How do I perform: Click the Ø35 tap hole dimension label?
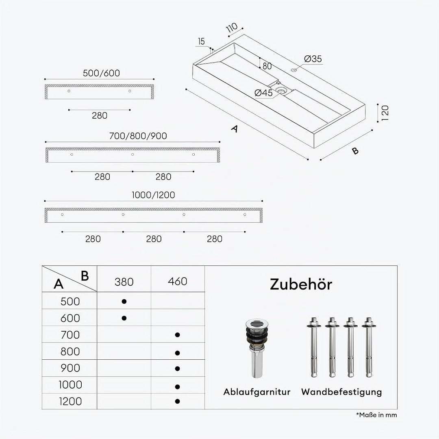click(x=313, y=59)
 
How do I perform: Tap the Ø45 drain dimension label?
click(x=263, y=93)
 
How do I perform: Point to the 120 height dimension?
click(x=385, y=113)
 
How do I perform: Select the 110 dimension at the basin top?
click(x=232, y=28)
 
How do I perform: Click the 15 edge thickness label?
click(x=201, y=41)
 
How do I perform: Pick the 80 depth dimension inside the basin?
click(x=267, y=66)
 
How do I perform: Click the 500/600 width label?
click(x=101, y=73)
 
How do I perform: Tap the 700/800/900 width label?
click(x=138, y=136)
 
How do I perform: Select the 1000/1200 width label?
click(x=153, y=195)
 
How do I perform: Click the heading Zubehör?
click(x=301, y=284)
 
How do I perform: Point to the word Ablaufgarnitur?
click(x=257, y=392)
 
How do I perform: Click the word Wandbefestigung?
click(x=341, y=392)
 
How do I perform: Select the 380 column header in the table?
click(x=124, y=282)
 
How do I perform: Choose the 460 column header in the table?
click(x=178, y=281)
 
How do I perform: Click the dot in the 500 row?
click(x=124, y=302)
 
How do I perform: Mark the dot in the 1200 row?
click(x=177, y=401)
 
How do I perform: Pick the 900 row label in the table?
click(x=70, y=368)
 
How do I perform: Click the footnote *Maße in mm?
click(x=376, y=415)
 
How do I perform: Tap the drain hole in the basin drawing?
click(x=281, y=90)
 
